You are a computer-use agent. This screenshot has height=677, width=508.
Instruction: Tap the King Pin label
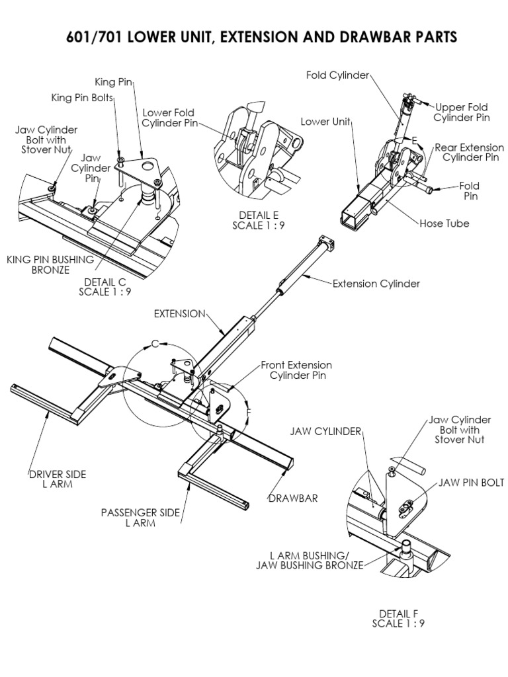[114, 82]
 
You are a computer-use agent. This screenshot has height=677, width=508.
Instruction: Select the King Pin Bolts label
[83, 98]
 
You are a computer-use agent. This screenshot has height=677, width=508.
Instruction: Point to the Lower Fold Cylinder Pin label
[169, 118]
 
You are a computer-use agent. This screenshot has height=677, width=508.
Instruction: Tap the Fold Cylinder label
[337, 75]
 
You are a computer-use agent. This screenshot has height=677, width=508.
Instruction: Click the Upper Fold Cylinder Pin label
[462, 112]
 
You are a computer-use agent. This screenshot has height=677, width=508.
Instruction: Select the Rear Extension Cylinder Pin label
[469, 153]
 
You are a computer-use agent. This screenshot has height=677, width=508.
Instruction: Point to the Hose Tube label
[444, 223]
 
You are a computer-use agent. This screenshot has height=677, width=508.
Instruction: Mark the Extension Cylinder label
[376, 284]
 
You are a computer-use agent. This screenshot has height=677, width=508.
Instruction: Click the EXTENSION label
[179, 313]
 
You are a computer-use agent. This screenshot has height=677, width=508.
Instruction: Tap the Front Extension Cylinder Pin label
[296, 370]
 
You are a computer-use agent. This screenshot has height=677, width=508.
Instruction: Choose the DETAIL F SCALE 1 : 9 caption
[398, 618]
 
